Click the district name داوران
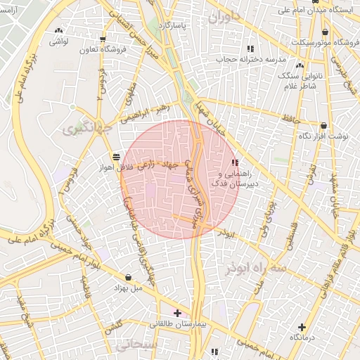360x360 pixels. tap(225, 15)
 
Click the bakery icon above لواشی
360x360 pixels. tap(58, 31)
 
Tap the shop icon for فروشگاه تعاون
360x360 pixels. tap(103, 39)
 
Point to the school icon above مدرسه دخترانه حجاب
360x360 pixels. tap(250, 49)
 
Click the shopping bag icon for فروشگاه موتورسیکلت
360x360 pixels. tap(324, 32)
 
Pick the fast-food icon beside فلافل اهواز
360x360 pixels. tap(115, 156)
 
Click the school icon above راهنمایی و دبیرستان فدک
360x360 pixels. tap(234, 162)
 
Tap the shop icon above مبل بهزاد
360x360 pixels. tap(127, 277)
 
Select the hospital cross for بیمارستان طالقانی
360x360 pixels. tap(177, 313)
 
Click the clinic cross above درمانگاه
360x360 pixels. tap(302, 327)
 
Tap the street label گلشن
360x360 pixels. tap(114, 327)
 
